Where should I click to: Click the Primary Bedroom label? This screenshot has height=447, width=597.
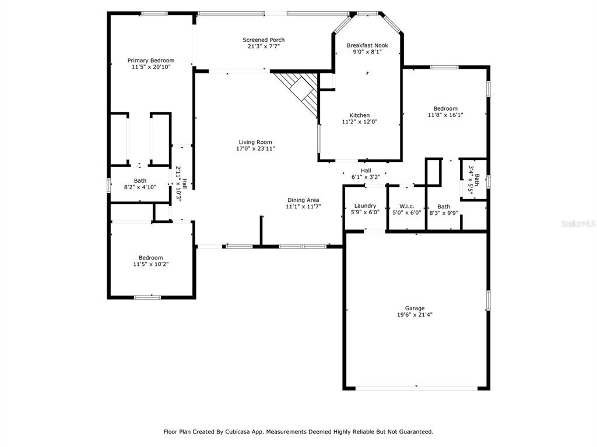pos(151,61)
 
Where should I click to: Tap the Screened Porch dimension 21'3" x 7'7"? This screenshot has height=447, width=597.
pos(264,47)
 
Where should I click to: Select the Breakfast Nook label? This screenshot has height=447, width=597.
pos(367,45)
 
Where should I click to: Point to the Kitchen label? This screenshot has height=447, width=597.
pos(359,115)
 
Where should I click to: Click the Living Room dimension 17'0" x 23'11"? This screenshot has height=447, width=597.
pos(255,148)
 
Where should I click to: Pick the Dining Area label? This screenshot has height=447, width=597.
pos(303,200)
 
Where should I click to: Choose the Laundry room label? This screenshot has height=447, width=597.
pos(365,205)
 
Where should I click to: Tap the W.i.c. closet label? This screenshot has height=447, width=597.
pos(406,206)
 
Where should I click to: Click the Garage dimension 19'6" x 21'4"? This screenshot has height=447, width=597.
pos(415,315)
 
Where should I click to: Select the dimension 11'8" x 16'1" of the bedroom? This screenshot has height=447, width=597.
pos(445,115)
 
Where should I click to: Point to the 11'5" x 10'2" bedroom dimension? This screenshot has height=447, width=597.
pos(151,264)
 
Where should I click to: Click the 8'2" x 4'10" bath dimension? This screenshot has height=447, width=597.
pos(140,187)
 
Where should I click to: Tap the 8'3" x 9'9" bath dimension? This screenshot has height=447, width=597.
pos(444,213)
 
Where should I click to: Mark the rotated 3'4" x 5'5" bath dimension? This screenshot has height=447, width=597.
pos(471,180)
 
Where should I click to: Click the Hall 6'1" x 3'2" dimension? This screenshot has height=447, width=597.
pos(366,177)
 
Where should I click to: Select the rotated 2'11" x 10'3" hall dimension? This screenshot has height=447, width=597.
pos(178,183)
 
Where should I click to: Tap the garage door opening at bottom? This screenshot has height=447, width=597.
pos(416,388)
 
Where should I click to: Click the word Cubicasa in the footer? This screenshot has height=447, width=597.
pos(238,432)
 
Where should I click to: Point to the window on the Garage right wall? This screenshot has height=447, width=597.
pos(488,301)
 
